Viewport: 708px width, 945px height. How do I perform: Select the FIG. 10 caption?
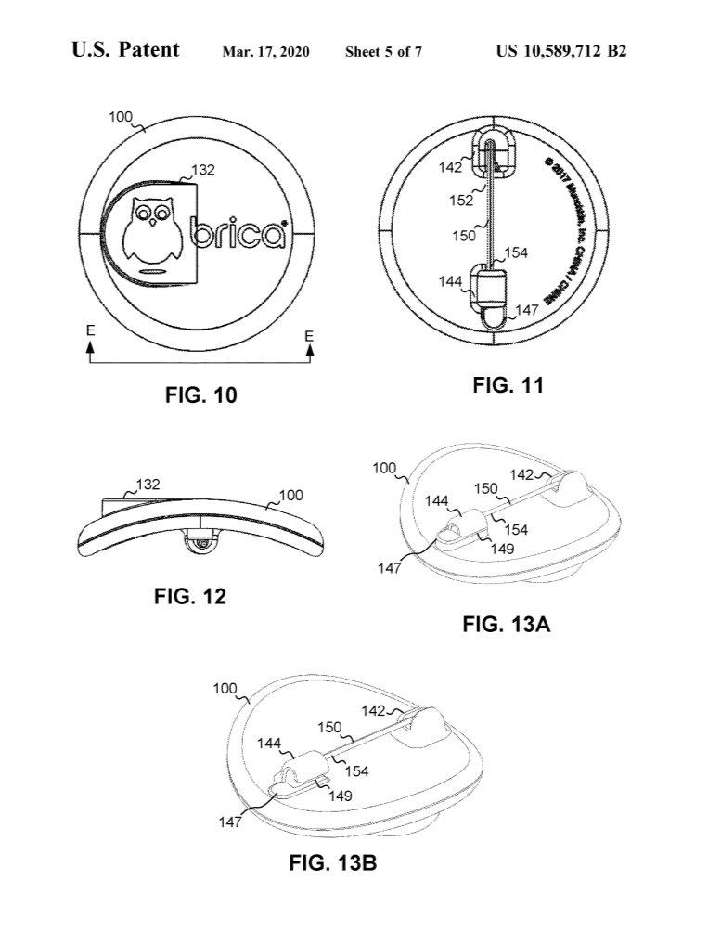pyautogui.click(x=200, y=395)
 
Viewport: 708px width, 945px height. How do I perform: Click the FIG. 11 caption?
pyautogui.click(x=508, y=385)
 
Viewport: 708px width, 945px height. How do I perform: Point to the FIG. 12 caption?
pyautogui.click(x=189, y=597)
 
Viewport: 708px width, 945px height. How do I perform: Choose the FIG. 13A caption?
pyautogui.click(x=507, y=625)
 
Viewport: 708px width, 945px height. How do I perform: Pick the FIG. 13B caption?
pyautogui.click(x=332, y=863)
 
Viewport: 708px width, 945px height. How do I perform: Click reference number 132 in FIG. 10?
pyautogui.click(x=203, y=171)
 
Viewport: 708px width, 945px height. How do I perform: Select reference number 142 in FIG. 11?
pyautogui.click(x=451, y=167)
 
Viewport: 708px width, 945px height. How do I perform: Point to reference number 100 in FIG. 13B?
pyautogui.click(x=225, y=690)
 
